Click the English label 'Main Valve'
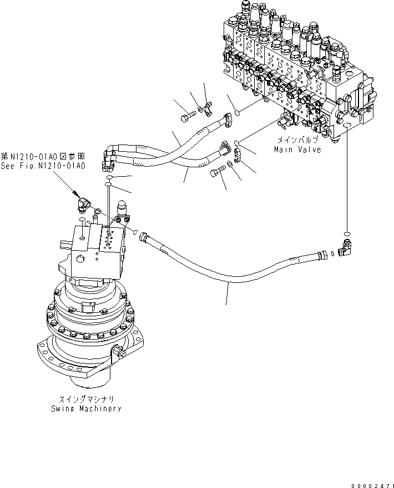tap(297, 150)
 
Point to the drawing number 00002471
tap(371, 484)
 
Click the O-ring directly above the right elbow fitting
tap(346, 233)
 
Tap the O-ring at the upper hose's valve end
tap(236, 113)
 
